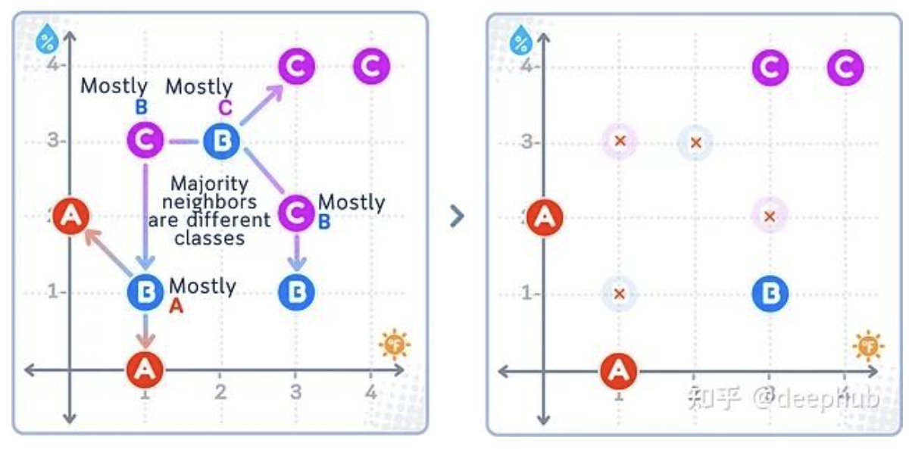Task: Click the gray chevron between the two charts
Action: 456,217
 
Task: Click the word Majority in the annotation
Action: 209,184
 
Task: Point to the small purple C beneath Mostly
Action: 225,108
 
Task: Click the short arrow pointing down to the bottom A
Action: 145,329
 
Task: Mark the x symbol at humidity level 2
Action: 770,217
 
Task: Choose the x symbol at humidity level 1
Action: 620,293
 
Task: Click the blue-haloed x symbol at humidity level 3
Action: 695,142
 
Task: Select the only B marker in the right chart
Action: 770,293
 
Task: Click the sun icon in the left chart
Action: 395,345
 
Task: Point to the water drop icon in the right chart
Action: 520,39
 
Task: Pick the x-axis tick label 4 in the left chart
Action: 370,391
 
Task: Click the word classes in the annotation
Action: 209,238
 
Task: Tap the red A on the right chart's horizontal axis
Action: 619,369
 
